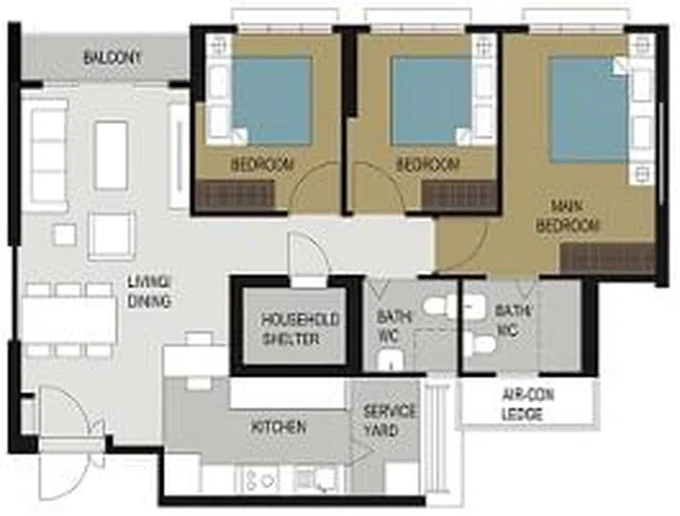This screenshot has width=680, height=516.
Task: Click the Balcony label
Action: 112,58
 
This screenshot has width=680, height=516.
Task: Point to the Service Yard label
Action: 389,421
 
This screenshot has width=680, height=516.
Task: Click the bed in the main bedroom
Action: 589,109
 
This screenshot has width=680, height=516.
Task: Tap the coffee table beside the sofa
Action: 111,154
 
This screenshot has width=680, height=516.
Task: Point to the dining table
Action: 67,320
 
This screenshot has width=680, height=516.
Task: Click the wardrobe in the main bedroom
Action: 607,258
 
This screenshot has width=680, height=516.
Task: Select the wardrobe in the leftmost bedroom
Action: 233,196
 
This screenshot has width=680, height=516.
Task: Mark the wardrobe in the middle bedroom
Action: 459,196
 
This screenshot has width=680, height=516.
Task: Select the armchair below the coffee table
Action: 111,235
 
